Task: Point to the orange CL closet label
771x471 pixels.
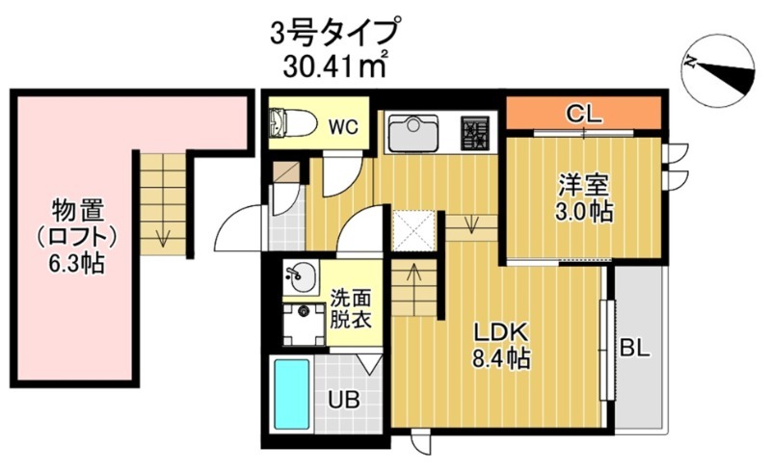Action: pos(583,114)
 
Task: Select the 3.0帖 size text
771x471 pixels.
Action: pos(583,213)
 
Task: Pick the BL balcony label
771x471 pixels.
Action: pos(635,349)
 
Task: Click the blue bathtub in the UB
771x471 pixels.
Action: pos(290,395)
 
